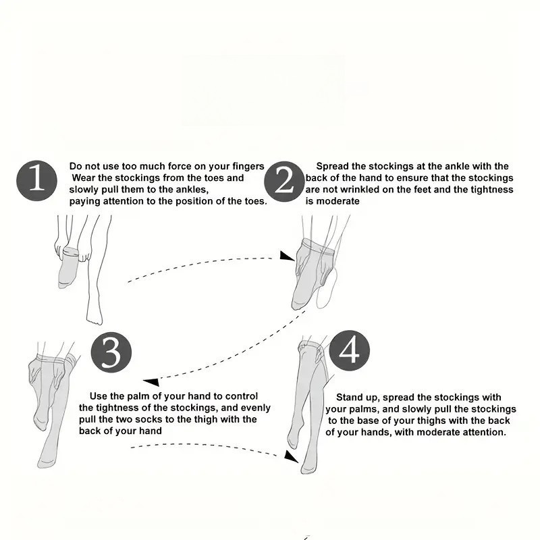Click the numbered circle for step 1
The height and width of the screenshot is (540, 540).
[37, 181]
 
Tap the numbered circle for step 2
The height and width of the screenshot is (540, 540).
[284, 182]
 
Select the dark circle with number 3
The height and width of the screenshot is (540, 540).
[111, 352]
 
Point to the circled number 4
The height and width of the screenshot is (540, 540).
[350, 351]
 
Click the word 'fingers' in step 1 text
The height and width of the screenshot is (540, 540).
[248, 166]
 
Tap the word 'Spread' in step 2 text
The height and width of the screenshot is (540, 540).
[332, 166]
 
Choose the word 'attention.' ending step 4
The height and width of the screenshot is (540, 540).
[485, 432]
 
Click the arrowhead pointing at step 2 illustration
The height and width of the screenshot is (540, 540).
[286, 256]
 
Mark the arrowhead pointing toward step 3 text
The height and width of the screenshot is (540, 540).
[151, 382]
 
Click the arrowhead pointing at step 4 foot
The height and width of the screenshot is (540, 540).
[291, 456]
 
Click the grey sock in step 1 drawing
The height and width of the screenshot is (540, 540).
[68, 267]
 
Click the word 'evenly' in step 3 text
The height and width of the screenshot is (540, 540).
[256, 408]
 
